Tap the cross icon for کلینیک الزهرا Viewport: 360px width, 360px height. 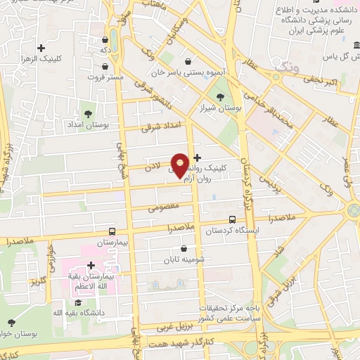pos(41,49)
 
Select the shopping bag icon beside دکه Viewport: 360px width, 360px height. pos(105,39)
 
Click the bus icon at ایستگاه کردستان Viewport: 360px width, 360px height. pos(233,219)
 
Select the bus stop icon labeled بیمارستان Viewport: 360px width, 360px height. pos(112,231)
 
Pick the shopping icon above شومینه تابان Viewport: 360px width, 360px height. pos(184,248)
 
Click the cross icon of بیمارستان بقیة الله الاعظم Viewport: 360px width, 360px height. pos(91,265)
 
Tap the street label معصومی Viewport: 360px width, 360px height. pos(162,208)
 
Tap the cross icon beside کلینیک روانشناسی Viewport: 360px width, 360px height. pos(196,157)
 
